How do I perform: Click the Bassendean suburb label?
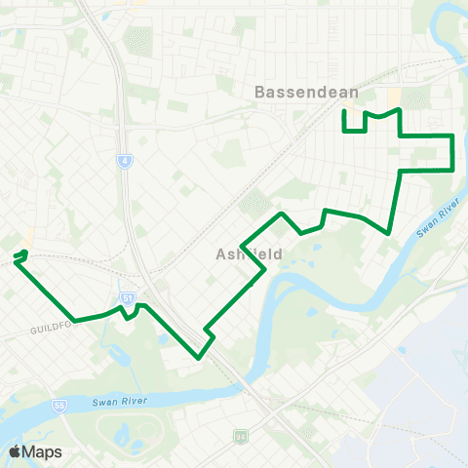tap(306, 93)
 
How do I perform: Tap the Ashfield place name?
tap(249, 253)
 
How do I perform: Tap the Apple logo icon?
tap(15, 451)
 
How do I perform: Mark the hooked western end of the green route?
tap(17, 257)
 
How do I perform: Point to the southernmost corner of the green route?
tap(199, 358)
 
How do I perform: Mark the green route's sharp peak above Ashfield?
tap(282, 213)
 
